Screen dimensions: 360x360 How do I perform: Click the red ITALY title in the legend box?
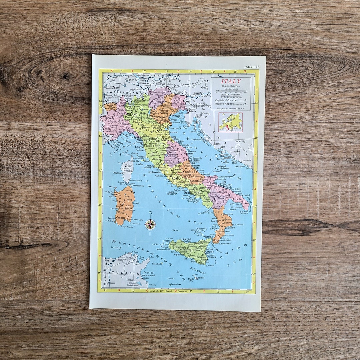[x=231, y=81]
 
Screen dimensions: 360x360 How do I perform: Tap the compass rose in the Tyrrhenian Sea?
[x=150, y=224]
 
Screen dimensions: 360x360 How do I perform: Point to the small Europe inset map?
[x=230, y=122]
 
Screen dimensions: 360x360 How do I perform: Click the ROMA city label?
[x=176, y=178]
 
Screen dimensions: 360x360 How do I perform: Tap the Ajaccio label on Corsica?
[x=117, y=173]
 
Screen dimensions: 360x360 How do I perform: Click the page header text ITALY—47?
[x=252, y=67]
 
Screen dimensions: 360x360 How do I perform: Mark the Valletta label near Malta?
[x=201, y=278]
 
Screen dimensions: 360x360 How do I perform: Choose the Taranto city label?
[x=237, y=199]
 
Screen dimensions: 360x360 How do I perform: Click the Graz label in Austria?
[x=204, y=87]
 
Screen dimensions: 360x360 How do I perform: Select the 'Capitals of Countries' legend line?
[x=226, y=100]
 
